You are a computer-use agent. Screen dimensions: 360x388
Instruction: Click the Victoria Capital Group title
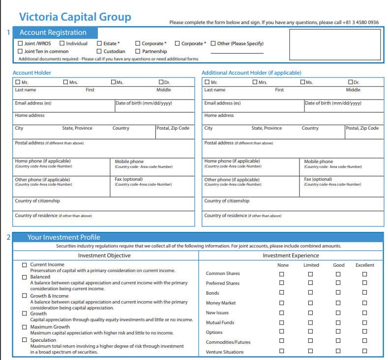75,17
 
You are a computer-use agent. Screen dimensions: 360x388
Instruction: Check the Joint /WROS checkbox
20,44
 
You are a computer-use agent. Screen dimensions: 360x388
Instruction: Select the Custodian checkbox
99,51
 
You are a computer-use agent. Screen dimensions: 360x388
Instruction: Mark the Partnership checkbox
138,51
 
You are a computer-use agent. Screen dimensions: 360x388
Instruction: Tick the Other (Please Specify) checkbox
213,44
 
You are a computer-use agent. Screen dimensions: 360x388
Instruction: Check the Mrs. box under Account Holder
65,83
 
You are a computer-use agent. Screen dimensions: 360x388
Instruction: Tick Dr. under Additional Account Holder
351,83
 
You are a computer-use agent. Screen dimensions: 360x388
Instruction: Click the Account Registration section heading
53,32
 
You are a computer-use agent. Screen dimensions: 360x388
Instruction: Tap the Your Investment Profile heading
63,237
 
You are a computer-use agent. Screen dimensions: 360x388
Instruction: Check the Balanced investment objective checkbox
25,277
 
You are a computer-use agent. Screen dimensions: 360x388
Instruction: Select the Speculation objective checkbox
25,340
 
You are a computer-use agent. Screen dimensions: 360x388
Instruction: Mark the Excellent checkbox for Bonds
364,293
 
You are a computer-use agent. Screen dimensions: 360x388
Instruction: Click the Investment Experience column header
291,255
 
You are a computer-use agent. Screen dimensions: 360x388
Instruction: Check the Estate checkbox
99,44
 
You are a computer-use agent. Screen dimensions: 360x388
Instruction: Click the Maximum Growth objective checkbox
25,327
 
